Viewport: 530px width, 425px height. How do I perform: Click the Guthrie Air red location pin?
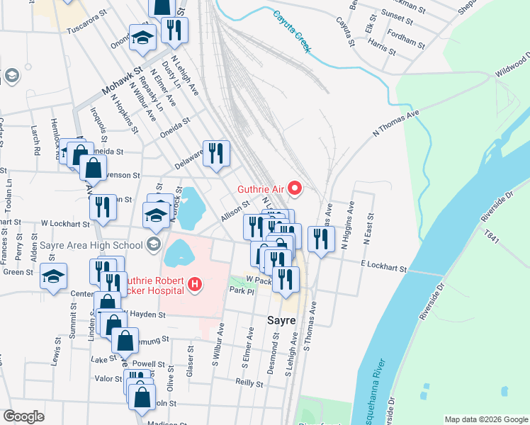(x=298, y=188)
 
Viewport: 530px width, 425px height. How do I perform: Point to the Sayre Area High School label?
(x=92, y=246)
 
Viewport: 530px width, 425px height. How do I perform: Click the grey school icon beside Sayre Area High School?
(x=153, y=246)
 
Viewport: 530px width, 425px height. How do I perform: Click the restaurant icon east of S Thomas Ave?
(x=322, y=239)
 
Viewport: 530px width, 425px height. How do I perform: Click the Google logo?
(x=24, y=416)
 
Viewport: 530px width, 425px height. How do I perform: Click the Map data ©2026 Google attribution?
(x=485, y=419)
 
